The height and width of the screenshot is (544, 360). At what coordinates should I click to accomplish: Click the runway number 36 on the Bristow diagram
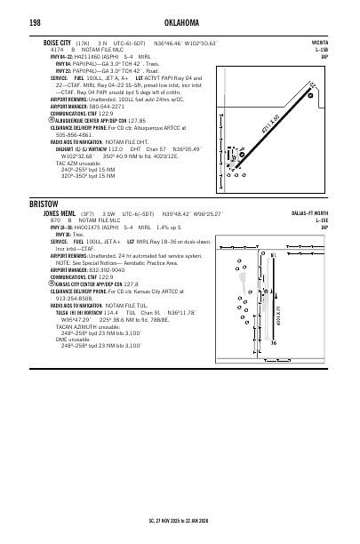pos(273,368)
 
